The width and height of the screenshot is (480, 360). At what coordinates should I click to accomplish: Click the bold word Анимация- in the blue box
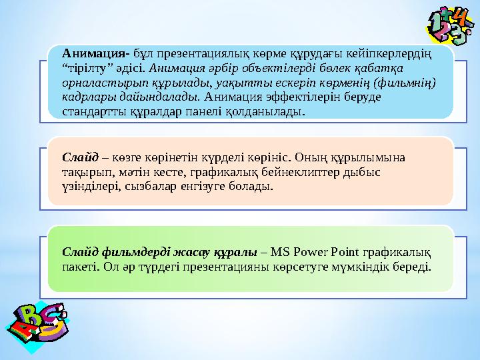[x=95, y=53]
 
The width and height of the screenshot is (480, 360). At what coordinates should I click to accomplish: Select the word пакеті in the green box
[x=79, y=267]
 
